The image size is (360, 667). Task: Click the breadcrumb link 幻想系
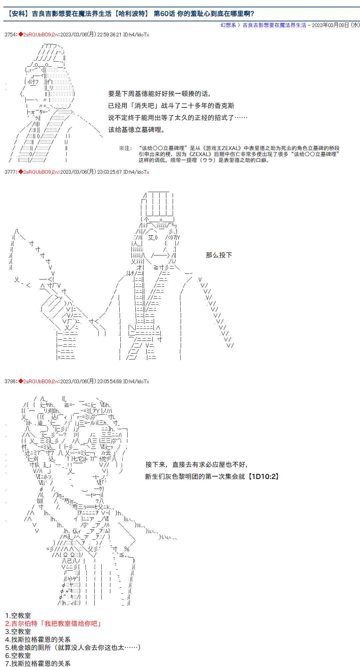click(x=228, y=25)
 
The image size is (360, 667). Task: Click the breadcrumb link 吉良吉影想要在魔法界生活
click(x=274, y=25)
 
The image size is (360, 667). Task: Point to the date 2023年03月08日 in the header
click(x=330, y=25)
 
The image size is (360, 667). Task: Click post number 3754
click(x=10, y=35)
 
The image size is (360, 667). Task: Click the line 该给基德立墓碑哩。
click(x=137, y=130)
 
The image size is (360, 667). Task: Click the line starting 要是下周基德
click(x=159, y=94)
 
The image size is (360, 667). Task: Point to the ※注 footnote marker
click(x=126, y=148)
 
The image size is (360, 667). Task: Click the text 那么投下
click(x=219, y=255)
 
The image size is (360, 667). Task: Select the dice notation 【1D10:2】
click(x=263, y=477)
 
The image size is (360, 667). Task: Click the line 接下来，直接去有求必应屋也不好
click(x=197, y=465)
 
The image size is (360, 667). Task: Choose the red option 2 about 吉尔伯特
click(x=53, y=624)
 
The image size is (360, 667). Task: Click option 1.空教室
click(x=18, y=616)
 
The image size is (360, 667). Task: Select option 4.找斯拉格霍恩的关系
click(x=38, y=640)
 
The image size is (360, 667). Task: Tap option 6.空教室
click(x=18, y=656)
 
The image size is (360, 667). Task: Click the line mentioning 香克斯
click(x=171, y=106)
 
